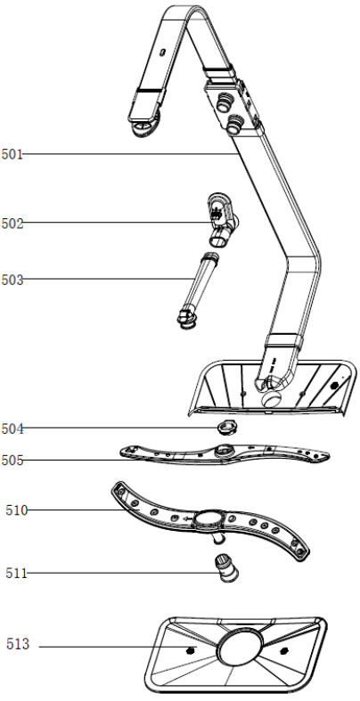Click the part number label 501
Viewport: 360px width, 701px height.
point(12,155)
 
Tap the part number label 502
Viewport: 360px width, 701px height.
point(12,223)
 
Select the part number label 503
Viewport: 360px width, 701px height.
point(12,281)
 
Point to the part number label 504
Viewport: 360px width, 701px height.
point(12,428)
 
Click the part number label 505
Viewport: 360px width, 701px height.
point(12,460)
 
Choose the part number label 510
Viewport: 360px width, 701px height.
point(17,510)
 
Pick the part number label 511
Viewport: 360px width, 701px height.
point(17,573)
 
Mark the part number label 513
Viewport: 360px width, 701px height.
point(18,644)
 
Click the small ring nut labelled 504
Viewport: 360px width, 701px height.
point(226,428)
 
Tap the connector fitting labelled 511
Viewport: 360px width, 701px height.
point(225,567)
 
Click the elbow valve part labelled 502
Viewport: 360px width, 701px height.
point(222,219)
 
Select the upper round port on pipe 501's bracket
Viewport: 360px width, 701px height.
point(222,102)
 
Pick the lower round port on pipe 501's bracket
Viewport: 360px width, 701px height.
point(234,124)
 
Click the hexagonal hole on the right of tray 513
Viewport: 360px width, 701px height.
point(282,650)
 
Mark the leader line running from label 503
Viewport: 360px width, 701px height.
point(107,279)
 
